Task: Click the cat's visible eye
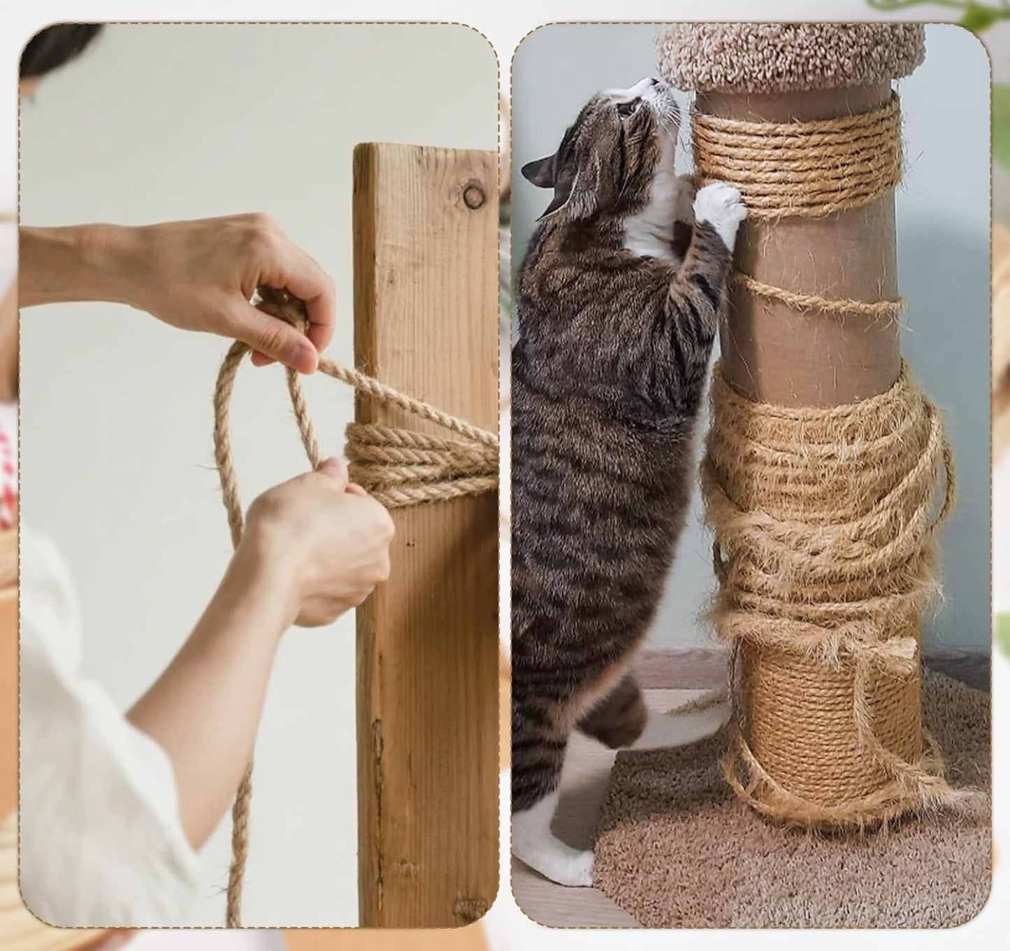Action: (624, 108)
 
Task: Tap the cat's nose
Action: (654, 83)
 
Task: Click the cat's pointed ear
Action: (537, 172)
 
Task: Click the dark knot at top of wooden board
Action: (473, 195)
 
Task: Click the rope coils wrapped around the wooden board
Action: (419, 462)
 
